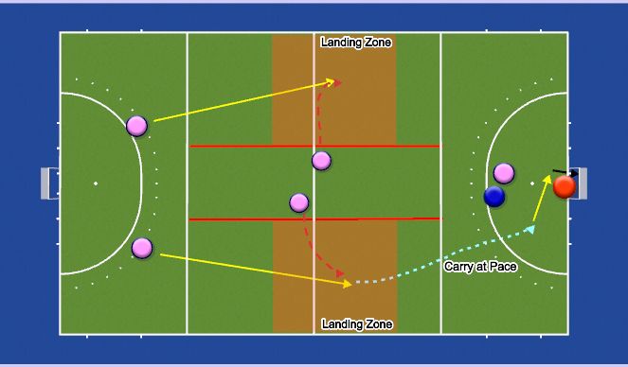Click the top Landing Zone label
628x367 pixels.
coord(355,42)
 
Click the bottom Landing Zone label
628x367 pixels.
coord(356,324)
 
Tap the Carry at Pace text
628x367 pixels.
coord(480,267)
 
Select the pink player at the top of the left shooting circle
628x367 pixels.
coord(137,126)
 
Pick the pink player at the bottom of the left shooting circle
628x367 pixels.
coord(142,248)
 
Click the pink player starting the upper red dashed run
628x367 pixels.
coord(322,161)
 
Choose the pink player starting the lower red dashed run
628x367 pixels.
coord(299,202)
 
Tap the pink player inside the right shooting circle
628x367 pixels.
coord(504,173)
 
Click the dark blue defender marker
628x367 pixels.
coord(494,196)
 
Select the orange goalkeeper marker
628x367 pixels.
coord(565,186)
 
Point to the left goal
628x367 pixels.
coord(49,183)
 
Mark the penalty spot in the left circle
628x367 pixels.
coord(96,183)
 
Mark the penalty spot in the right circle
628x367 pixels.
coord(532,183)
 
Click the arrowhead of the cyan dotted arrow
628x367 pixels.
coord(531,228)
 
